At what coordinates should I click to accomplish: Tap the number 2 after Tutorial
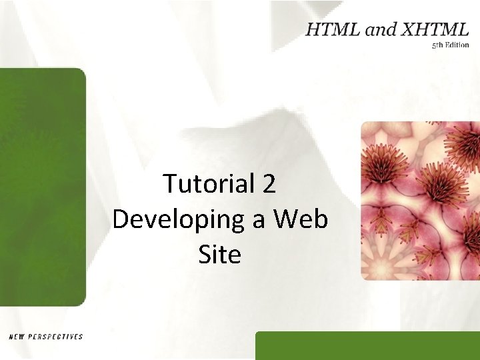point(269,184)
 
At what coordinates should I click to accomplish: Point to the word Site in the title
point(219,254)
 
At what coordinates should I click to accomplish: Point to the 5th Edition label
point(450,45)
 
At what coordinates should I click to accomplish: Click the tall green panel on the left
point(43,187)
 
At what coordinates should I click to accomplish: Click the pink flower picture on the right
point(420,200)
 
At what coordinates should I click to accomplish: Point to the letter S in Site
point(205,254)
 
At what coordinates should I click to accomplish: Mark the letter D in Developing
point(121,219)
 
